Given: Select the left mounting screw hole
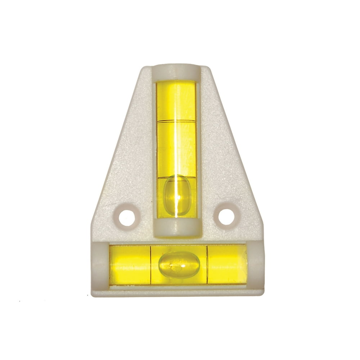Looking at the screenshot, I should point(126,215).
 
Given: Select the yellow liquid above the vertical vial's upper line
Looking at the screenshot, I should point(176,101).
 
